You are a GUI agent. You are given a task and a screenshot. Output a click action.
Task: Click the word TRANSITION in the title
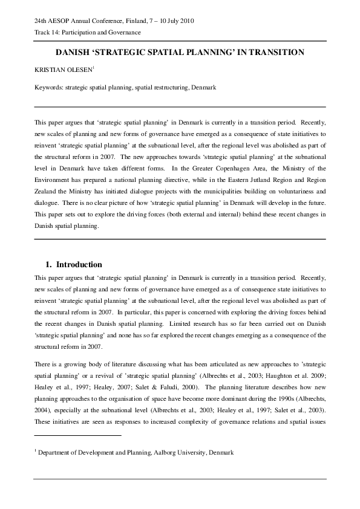pyautogui.click(x=276, y=53)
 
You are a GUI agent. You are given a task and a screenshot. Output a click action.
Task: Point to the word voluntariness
pyautogui.click(x=288, y=192)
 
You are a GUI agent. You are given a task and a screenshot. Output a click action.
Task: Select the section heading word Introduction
pyautogui.click(x=79, y=265)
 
